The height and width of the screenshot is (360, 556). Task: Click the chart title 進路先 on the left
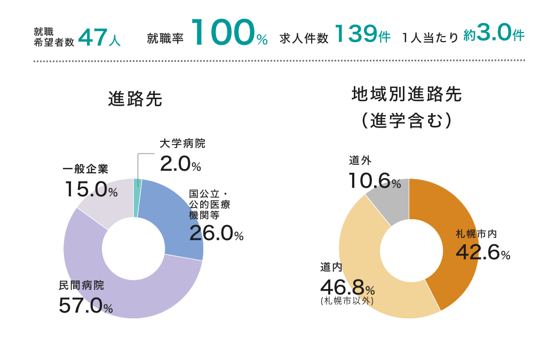pos(135,99)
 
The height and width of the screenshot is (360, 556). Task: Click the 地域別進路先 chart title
pos(407,95)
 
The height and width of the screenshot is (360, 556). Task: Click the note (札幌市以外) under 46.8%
pos(347,301)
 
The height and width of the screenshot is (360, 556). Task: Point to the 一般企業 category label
pos(85,169)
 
